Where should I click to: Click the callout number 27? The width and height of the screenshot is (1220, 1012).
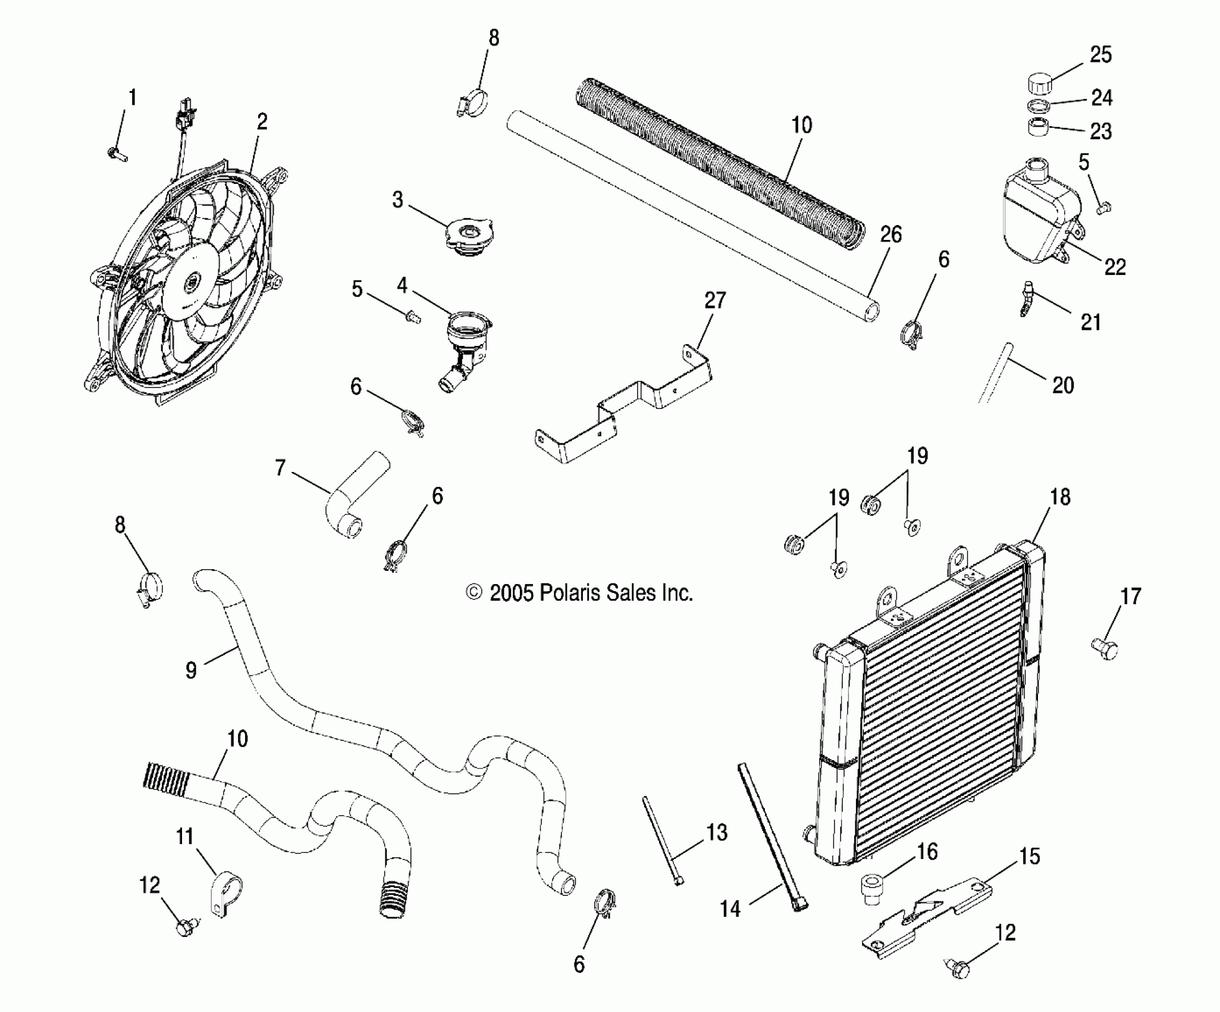(x=715, y=300)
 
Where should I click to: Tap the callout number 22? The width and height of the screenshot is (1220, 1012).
(x=1115, y=267)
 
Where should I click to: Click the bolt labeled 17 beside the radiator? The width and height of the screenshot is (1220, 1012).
(x=1104, y=650)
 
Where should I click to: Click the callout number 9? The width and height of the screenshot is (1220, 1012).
(x=191, y=670)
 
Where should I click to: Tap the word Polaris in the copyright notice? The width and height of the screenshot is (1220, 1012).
(x=568, y=593)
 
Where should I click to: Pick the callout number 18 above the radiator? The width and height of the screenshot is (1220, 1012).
(x=1060, y=497)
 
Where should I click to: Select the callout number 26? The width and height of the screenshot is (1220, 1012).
(x=891, y=235)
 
